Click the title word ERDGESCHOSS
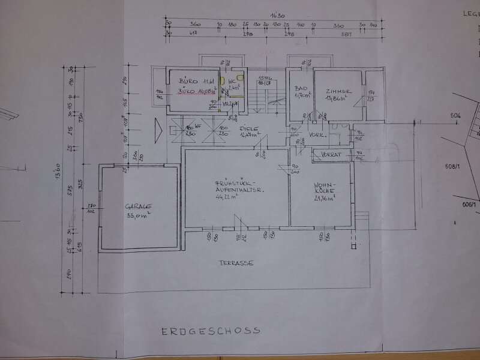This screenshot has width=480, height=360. (210, 331)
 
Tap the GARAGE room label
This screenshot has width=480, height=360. (138, 205)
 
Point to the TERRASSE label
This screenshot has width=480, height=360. (235, 263)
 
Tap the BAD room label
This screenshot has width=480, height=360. (301, 88)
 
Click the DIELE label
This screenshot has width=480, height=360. (248, 128)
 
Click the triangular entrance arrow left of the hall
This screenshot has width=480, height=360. (158, 129)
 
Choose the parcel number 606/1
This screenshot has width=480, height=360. (469, 205)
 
